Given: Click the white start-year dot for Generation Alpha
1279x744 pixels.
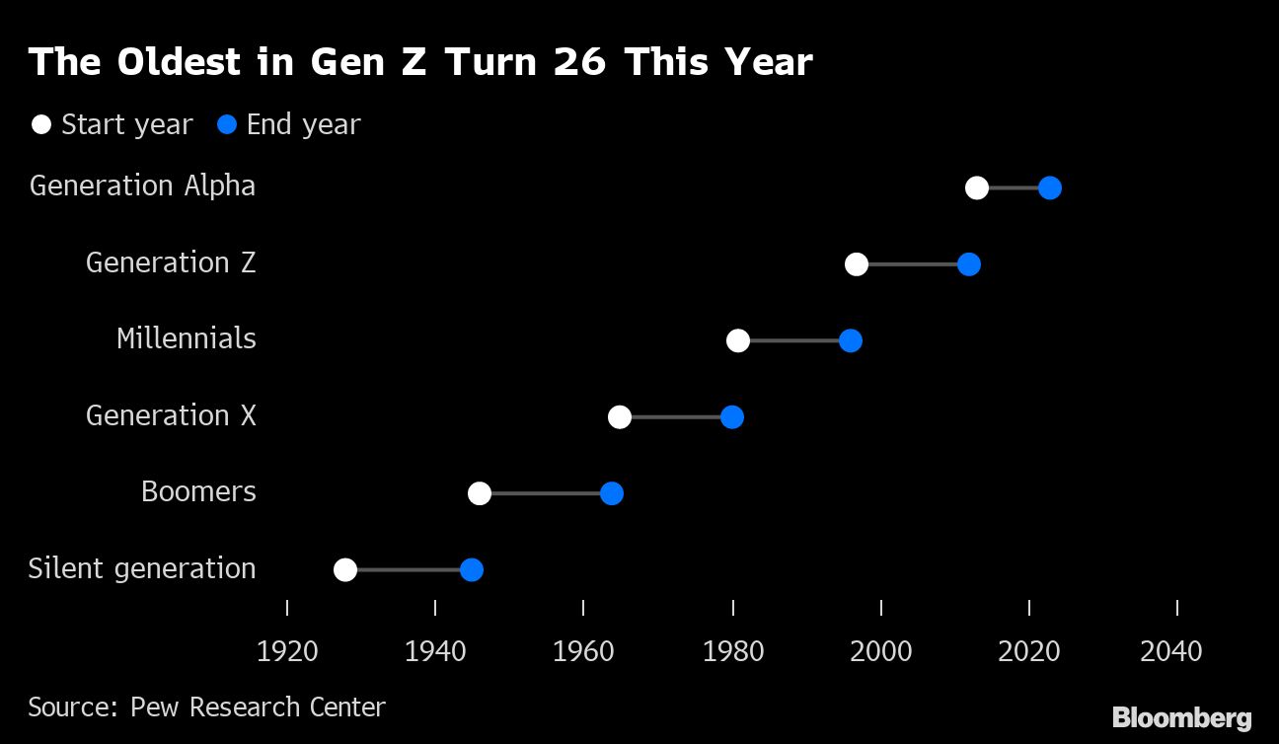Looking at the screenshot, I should (977, 187).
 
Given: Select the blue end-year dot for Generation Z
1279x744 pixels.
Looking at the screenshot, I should (969, 264).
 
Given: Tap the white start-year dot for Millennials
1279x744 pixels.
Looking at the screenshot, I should (738, 340).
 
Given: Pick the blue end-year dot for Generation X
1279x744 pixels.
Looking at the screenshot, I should (731, 417).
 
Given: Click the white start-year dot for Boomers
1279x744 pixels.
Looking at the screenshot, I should (480, 493).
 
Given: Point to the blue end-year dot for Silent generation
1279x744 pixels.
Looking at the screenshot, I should (472, 569).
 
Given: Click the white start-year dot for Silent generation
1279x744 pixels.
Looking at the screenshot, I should (345, 569).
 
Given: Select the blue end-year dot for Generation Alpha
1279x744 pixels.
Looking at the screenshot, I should (1050, 187).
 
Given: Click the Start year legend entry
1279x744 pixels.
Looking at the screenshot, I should (112, 125).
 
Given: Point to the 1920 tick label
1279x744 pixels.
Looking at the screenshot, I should (287, 651).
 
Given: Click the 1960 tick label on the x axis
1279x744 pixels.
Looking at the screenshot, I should (584, 651).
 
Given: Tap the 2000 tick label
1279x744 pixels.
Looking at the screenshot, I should (881, 651).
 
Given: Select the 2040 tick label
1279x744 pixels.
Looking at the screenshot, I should (1171, 651).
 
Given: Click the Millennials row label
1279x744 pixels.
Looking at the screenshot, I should (186, 338).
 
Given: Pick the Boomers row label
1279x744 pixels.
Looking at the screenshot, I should (198, 491).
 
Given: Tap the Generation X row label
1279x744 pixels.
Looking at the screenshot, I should (171, 415).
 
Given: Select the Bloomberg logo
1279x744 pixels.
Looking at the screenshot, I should (1181, 717).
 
